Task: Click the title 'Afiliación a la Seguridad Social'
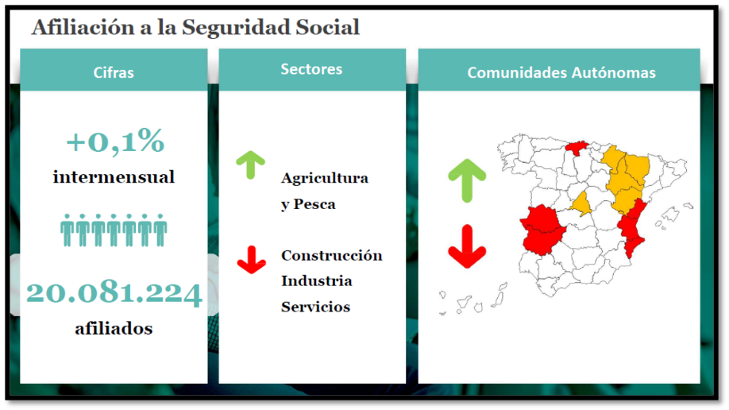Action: click(x=195, y=27)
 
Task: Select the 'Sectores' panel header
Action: click(x=312, y=69)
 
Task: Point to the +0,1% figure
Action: click(x=115, y=141)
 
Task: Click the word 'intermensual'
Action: click(x=114, y=177)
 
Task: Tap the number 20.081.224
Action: click(x=114, y=293)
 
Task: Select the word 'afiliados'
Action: click(x=114, y=328)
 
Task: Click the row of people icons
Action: click(x=114, y=230)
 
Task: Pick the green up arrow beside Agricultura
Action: click(x=251, y=164)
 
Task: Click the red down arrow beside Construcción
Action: click(x=252, y=260)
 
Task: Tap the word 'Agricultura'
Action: click(x=325, y=178)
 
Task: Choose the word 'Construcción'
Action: click(x=331, y=255)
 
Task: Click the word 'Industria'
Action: click(x=316, y=280)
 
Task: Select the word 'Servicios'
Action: click(x=315, y=307)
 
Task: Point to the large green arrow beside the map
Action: click(x=467, y=180)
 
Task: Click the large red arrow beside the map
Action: click(x=467, y=246)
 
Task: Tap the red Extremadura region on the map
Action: click(x=542, y=230)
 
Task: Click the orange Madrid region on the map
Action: click(x=581, y=204)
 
